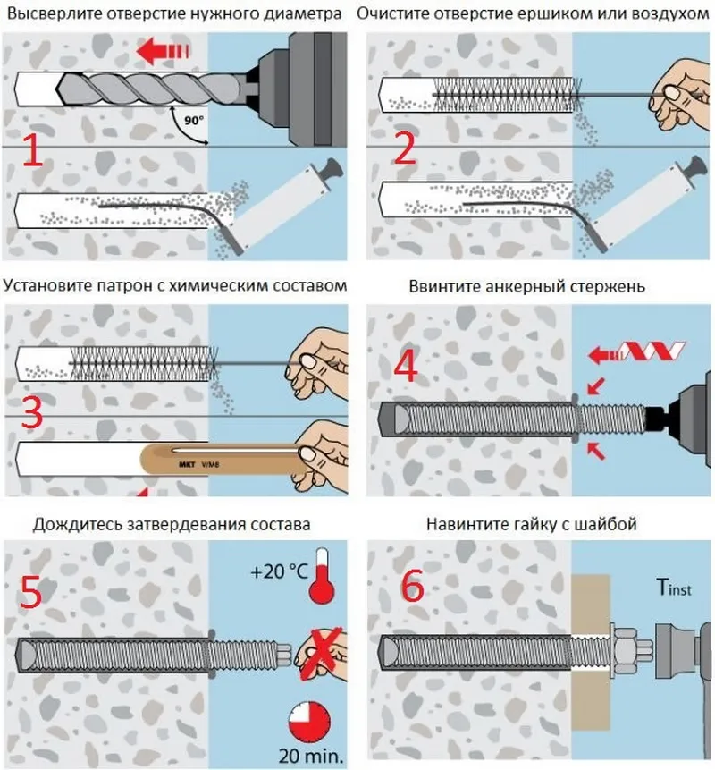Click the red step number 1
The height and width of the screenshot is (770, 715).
[33, 152]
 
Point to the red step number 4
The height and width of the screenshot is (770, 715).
[407, 366]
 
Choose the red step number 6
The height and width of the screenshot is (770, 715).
[412, 587]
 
